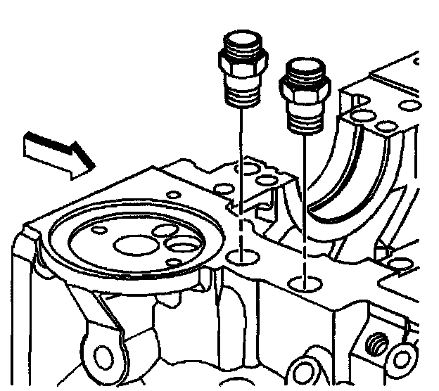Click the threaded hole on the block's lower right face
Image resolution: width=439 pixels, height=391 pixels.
377,345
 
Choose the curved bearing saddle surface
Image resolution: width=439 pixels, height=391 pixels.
345,176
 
